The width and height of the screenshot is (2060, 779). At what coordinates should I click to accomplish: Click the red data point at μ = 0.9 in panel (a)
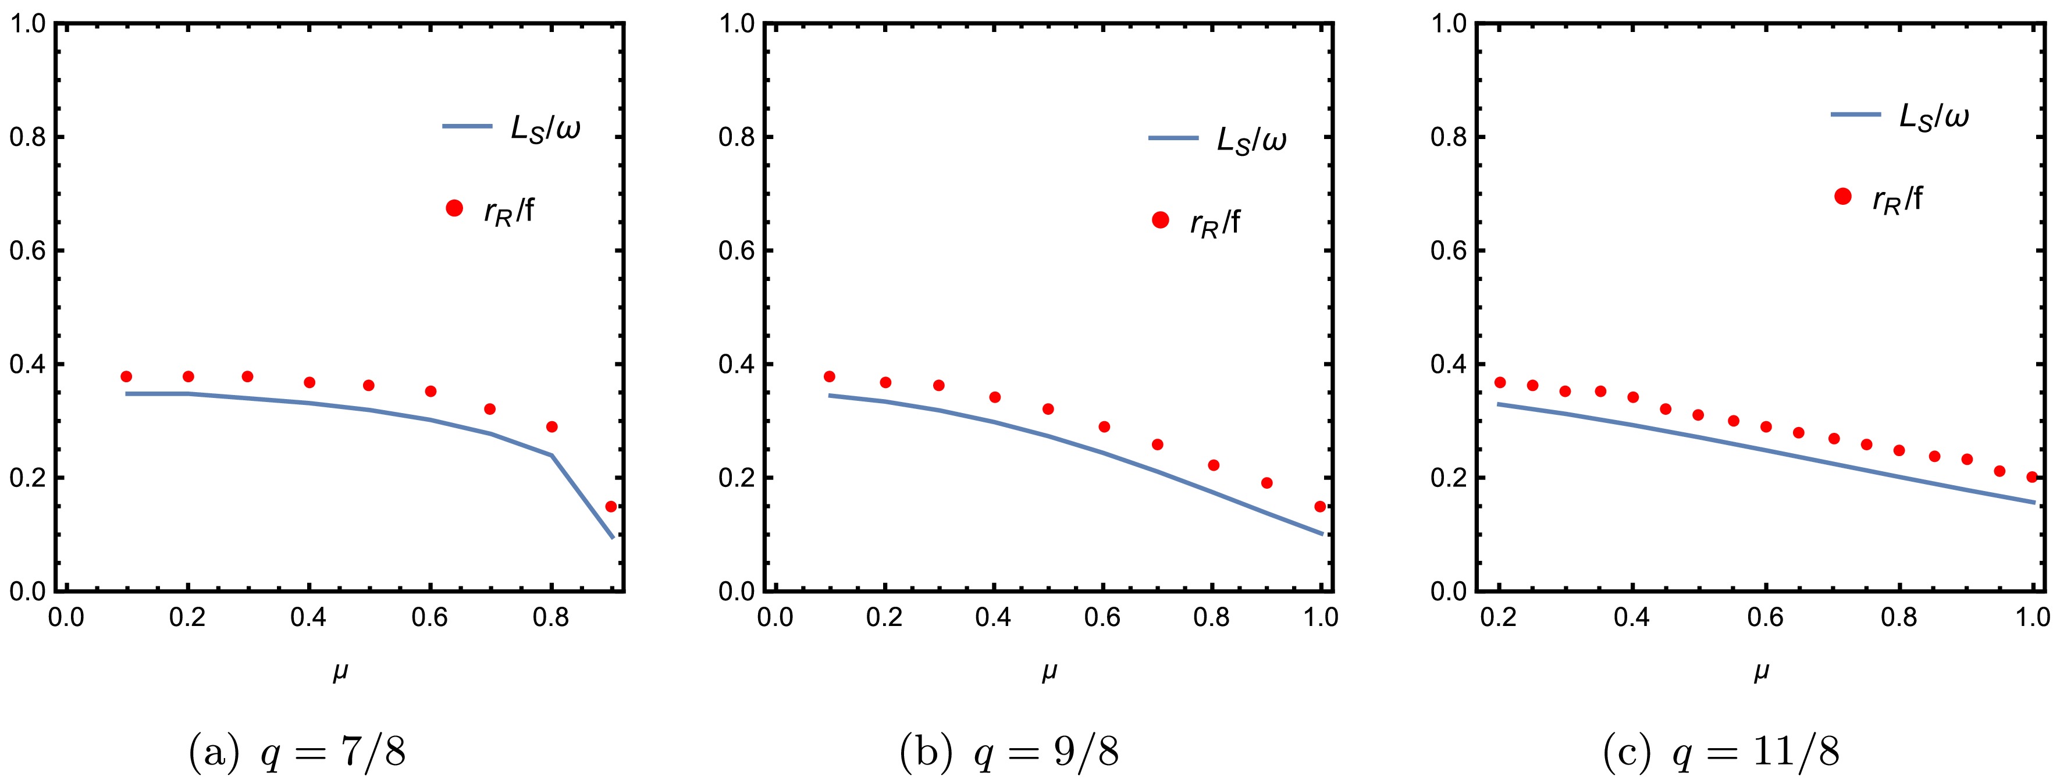[611, 506]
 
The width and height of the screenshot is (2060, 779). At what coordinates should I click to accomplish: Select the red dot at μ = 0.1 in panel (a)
[126, 377]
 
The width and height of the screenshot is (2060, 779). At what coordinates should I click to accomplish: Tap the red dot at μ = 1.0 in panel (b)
[1320, 506]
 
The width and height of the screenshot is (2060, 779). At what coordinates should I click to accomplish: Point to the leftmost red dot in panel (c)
[1500, 382]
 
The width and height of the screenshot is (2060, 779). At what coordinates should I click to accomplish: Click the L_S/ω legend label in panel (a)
[545, 128]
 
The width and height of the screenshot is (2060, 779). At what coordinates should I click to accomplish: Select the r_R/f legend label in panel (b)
[1215, 223]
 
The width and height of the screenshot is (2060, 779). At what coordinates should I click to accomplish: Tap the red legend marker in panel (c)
[1843, 197]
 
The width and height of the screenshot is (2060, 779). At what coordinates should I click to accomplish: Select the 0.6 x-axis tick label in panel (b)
[1103, 617]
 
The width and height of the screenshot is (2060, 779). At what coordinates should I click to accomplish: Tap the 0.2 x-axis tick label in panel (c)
[1499, 617]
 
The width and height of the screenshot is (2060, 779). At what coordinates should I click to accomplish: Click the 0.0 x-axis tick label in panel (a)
[66, 617]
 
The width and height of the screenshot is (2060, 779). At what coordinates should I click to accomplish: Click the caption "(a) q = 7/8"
[297, 752]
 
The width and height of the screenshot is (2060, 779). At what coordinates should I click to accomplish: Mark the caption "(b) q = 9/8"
[1009, 752]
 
